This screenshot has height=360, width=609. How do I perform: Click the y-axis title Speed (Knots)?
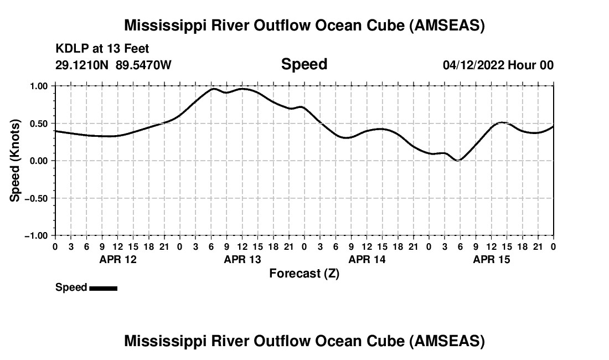[x=16, y=161]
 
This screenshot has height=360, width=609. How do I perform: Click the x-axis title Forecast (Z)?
[x=304, y=274]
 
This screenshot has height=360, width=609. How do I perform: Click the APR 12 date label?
[x=118, y=260]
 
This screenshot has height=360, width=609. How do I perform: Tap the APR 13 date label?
[x=242, y=260]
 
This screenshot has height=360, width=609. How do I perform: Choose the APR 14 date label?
[x=367, y=260]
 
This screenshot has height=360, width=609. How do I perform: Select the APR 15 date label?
[x=492, y=260]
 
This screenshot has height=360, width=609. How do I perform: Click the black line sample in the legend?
[x=103, y=288]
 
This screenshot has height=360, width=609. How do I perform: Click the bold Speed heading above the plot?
[x=304, y=64]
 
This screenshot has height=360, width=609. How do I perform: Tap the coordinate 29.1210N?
[x=82, y=65]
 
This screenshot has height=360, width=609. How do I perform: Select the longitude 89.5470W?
[x=144, y=65]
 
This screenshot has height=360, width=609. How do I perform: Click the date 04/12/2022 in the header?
[x=473, y=65]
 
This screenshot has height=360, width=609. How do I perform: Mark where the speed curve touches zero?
[x=457, y=160]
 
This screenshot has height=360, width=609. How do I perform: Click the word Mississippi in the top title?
[x=166, y=25]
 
